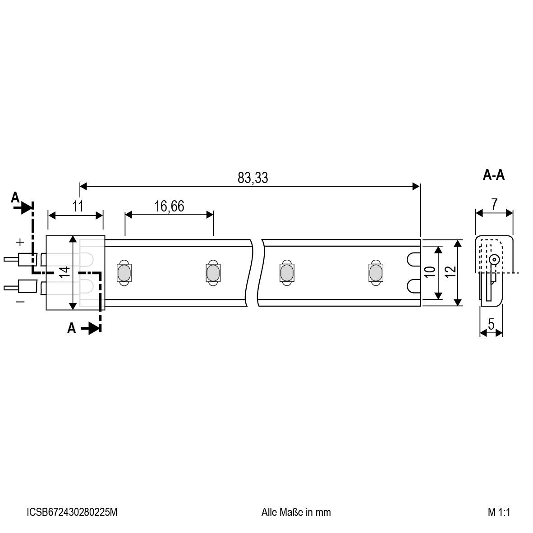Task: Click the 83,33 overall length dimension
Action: (253, 178)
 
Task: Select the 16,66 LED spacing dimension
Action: (169, 207)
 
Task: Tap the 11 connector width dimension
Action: (78, 207)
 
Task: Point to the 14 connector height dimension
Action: (65, 272)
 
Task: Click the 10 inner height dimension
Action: (430, 272)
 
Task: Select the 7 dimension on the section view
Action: (495, 204)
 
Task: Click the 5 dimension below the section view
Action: (491, 324)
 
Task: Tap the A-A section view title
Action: (494, 175)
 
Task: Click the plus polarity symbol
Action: (20, 243)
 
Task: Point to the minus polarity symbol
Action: (20, 301)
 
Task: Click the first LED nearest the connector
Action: (123, 272)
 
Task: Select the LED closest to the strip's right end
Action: (374, 272)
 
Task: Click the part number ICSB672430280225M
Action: (72, 512)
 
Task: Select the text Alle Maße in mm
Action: (296, 512)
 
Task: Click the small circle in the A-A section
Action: (494, 259)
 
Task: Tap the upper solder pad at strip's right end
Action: (414, 259)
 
